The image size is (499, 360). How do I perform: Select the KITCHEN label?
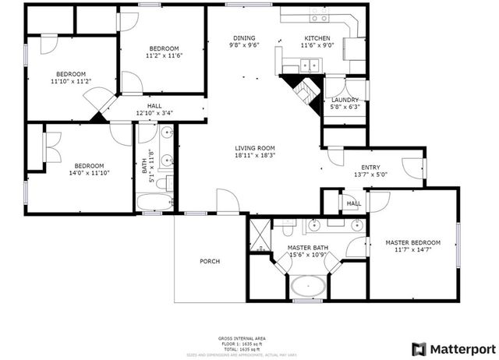317,38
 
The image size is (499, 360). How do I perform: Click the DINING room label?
244,38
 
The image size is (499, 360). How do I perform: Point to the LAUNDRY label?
345,100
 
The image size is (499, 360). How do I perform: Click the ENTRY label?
370,167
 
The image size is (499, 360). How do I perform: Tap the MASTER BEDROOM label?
413,242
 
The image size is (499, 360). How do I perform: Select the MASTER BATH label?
309,248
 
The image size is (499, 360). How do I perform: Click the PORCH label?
210,261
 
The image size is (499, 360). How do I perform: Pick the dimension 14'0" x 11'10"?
89,175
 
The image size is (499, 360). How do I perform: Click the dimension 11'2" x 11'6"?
164,56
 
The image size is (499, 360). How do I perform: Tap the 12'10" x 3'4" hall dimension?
154,113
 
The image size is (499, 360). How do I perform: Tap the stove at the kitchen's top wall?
320,16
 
